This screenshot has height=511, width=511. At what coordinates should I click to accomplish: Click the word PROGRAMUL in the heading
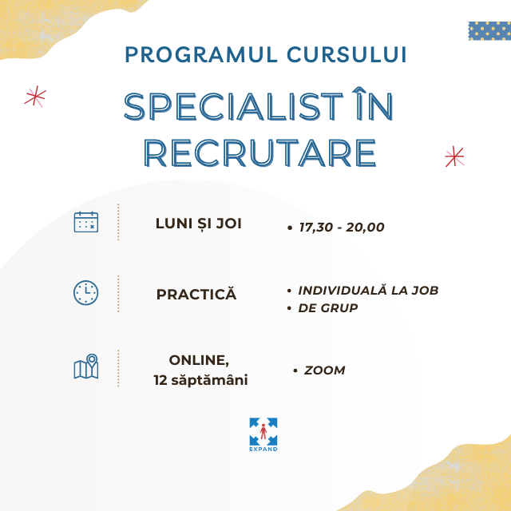coord(201,54)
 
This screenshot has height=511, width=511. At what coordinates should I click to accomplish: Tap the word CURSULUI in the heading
coord(347,54)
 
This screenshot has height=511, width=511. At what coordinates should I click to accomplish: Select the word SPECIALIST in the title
coord(233,106)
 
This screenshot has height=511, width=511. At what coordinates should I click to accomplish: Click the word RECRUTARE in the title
coord(260,153)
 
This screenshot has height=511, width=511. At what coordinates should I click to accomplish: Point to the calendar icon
coord(86,222)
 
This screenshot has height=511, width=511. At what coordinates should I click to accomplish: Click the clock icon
coord(85,293)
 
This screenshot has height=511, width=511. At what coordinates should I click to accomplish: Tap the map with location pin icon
coord(86,366)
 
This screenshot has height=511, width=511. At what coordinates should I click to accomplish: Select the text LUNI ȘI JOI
coord(199,224)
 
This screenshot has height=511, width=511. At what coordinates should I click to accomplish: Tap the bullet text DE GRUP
coord(328,308)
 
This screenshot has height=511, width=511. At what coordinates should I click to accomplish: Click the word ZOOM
coord(324,370)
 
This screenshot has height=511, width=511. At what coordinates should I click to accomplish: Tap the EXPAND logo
coord(263,434)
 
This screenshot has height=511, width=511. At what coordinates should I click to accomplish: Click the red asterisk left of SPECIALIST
coord(35,97)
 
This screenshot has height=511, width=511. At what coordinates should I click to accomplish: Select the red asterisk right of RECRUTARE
coord(454,156)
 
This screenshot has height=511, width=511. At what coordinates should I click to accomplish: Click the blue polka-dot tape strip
coord(489,31)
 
